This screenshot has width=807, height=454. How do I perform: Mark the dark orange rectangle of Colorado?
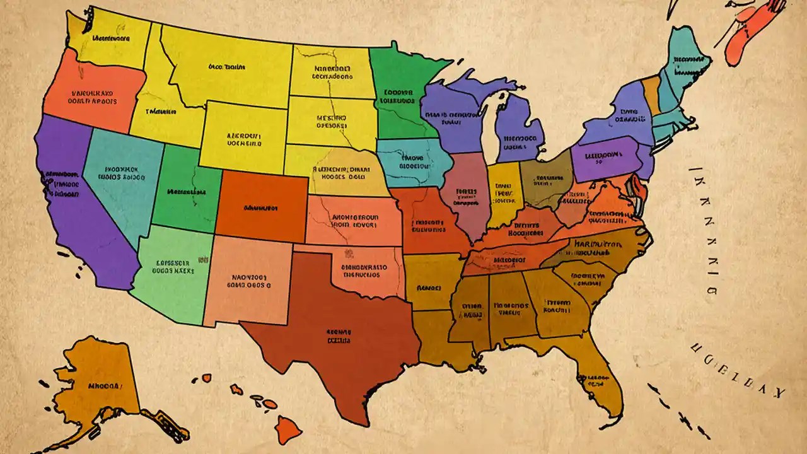[x=262, y=202]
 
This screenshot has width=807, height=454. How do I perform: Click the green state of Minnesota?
[x=397, y=95]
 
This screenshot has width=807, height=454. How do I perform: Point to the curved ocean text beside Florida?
[x=738, y=372]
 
